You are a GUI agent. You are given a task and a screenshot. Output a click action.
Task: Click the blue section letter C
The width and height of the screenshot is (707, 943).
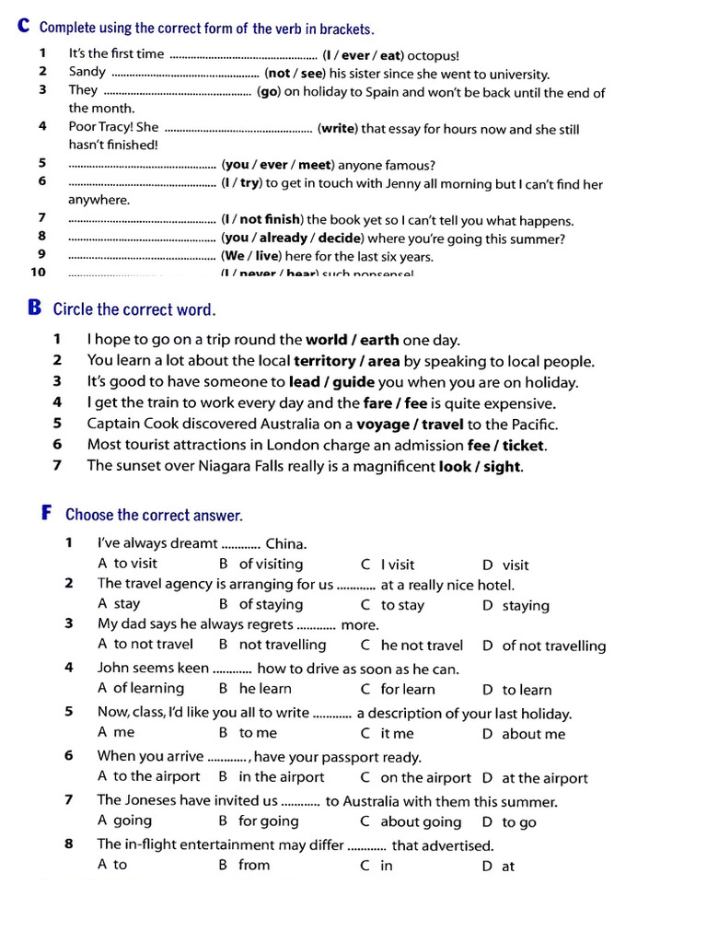coord(24,28)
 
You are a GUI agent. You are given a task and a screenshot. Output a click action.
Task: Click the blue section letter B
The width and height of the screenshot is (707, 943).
coord(35,308)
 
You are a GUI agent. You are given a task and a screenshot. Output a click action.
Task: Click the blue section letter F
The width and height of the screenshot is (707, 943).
coord(47,513)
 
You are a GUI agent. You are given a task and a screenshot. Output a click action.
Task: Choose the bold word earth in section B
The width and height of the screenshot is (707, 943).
coord(380,340)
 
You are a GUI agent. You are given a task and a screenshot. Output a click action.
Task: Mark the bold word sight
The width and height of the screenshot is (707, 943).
coord(502,467)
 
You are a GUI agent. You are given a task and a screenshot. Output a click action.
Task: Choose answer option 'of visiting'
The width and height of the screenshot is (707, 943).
coord(271,564)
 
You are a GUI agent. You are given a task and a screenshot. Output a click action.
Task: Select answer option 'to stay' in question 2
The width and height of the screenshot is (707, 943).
coord(402,605)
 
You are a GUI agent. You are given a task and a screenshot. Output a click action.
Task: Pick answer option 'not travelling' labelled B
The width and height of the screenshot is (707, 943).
coord(282,645)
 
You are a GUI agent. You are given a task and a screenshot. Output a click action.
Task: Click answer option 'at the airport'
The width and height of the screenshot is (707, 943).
coord(545,778)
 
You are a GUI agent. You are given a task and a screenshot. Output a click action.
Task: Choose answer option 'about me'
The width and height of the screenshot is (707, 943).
coord(534,734)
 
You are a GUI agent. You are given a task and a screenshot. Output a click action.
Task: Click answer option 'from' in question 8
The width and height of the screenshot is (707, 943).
coord(254,865)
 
